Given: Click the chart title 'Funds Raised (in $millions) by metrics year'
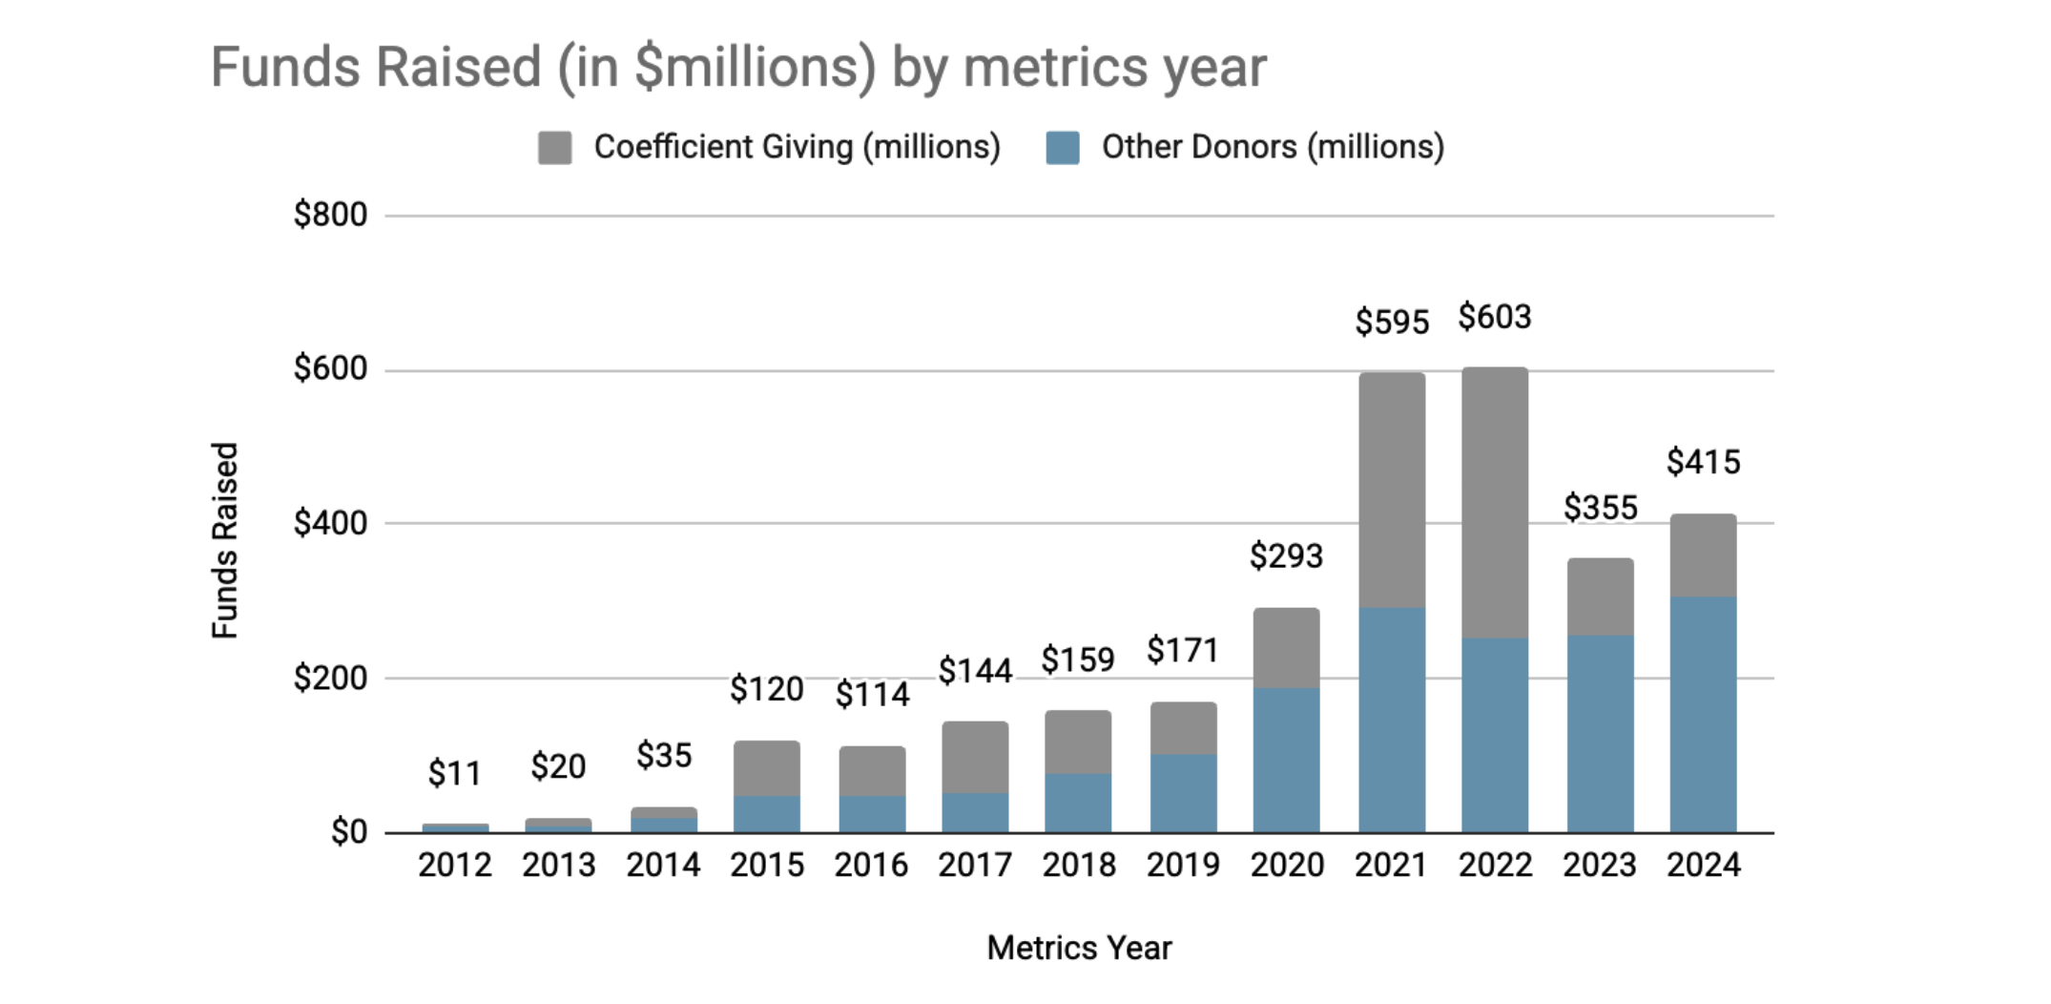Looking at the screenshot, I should point(737,67).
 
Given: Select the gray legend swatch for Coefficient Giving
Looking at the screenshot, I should point(554,148).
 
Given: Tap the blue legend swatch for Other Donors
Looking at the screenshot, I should point(1062,148).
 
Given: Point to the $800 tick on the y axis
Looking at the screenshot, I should point(330,215).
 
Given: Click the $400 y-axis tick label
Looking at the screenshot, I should point(330,523).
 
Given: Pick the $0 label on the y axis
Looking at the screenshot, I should point(348,832).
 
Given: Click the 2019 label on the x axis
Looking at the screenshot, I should point(1183,865).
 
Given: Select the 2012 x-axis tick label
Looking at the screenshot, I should point(455,865).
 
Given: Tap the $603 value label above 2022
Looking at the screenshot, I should point(1494,317).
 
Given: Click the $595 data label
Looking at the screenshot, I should point(1392,322).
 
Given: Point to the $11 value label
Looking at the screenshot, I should point(455,773).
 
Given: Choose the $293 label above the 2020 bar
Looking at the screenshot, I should point(1286,555).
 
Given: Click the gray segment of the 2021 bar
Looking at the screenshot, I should point(1392,489).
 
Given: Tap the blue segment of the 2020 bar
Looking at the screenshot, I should point(1286,760).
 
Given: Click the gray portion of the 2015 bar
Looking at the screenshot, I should point(767,768).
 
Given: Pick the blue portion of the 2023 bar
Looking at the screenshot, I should point(1600,733).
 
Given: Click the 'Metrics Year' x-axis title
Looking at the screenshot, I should point(1079,948).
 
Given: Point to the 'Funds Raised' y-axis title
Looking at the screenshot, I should point(224,540).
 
